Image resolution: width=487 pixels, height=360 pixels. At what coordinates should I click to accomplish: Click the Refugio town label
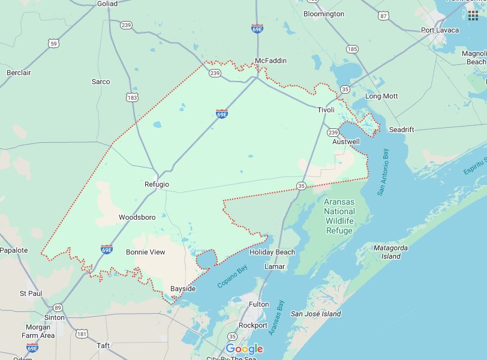pos(157,184)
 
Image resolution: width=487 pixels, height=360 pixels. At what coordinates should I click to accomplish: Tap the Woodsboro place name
pos(137,217)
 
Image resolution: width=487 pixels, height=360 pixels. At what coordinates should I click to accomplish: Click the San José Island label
pos(315,314)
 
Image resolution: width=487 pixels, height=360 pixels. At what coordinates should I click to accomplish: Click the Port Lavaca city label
pos(439,30)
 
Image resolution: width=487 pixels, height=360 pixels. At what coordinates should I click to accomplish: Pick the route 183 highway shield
pos(131,97)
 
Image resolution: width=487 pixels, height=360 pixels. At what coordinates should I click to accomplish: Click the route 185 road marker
pos(352,49)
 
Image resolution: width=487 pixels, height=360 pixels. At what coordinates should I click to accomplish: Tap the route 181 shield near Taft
pos(82,333)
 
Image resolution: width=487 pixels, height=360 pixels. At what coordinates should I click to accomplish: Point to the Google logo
pos(244,349)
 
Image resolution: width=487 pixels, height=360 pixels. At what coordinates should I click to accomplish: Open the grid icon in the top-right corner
pos(473,15)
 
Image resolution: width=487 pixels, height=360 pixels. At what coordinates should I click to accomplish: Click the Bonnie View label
pos(145,252)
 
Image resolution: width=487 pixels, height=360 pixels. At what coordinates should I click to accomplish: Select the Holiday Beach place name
pos(272,252)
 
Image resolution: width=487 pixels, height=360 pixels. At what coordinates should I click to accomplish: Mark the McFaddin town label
pos(270,61)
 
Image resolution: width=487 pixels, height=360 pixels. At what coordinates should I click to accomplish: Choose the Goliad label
pos(107,4)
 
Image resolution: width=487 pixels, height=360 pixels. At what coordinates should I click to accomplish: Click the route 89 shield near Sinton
pos(58,307)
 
